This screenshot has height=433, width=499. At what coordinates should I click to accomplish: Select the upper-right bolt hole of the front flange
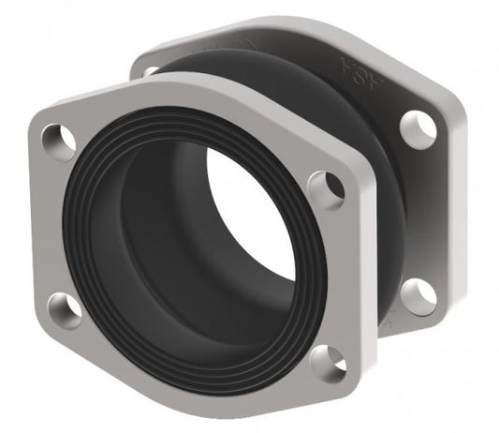pos(325,189)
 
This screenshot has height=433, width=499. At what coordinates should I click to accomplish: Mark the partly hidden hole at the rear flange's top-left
pos(150,71)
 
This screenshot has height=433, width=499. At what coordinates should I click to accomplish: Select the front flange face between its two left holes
pos(49,225)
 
